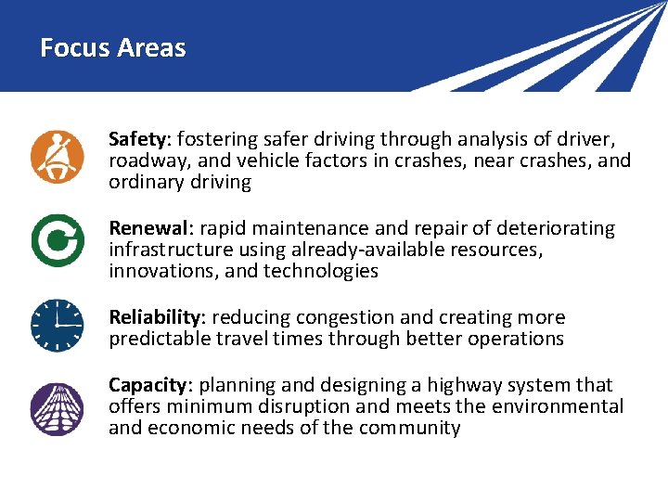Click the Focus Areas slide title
tap(113, 48)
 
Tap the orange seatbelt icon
tap(57, 158)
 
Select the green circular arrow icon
tap(57, 240)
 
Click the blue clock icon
tap(57, 326)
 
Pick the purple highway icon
tap(57, 409)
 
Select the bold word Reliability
tap(154, 317)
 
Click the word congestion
tap(345, 317)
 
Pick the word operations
tap(516, 339)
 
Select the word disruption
tap(307, 406)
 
